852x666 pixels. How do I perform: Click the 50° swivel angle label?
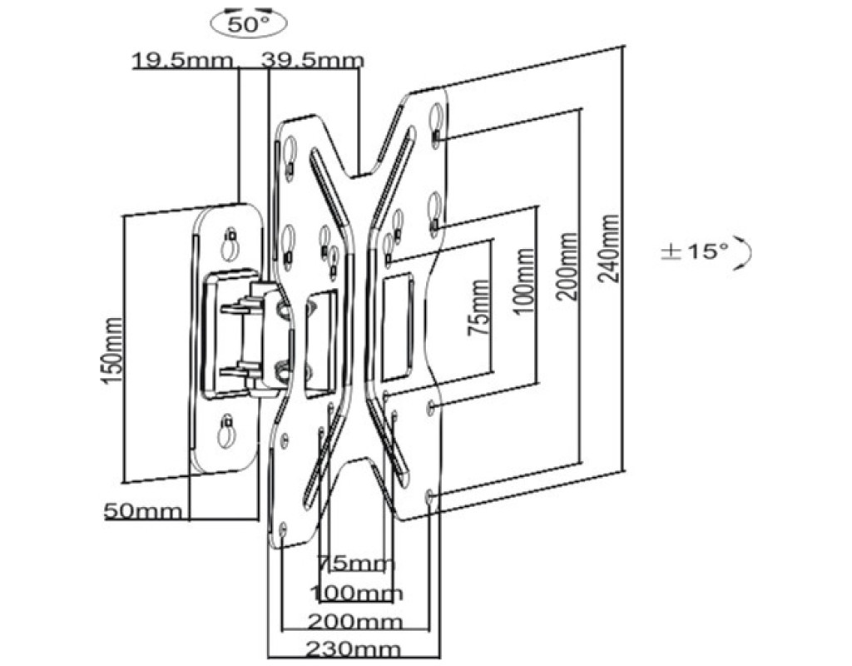(x=249, y=24)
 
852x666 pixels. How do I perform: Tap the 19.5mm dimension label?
(x=183, y=60)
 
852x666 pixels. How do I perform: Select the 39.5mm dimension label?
(x=313, y=60)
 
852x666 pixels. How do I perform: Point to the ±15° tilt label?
(x=694, y=251)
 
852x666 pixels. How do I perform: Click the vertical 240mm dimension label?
(x=608, y=248)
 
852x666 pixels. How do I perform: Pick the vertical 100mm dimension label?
(x=523, y=281)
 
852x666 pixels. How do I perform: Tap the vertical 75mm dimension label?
(x=478, y=307)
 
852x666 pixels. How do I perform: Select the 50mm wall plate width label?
(x=143, y=511)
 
